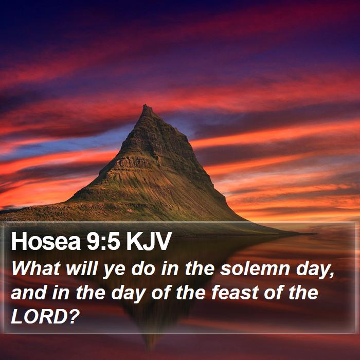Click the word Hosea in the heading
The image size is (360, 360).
(46, 241)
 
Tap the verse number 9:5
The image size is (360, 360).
(103, 241)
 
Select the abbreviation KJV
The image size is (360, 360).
(149, 241)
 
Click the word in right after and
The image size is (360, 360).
(60, 292)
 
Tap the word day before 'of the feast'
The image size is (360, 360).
(128, 295)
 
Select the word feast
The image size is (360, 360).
(235, 292)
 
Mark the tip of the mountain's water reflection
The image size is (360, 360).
(150, 351)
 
